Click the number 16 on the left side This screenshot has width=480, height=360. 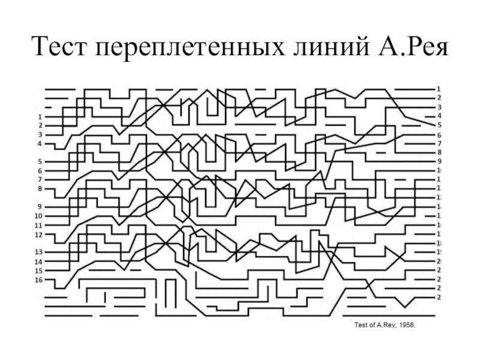pos(39,280)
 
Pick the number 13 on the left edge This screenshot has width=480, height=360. pos(39,252)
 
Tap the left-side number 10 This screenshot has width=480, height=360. pos(39,216)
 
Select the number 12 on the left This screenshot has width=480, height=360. pos(39,235)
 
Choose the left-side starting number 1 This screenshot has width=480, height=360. pos(40,116)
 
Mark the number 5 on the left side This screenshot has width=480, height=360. pos(40,162)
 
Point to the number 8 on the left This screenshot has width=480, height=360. pos(40,189)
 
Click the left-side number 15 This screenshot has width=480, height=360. pos(39,271)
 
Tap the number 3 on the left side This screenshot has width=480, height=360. pos(40,135)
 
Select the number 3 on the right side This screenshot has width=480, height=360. pos(439,106)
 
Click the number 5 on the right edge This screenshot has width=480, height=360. pos(439,125)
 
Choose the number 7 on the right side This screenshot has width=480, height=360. pos(439,143)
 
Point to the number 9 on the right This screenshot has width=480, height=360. pos(439,161)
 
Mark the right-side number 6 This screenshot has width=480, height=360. pos(439,135)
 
